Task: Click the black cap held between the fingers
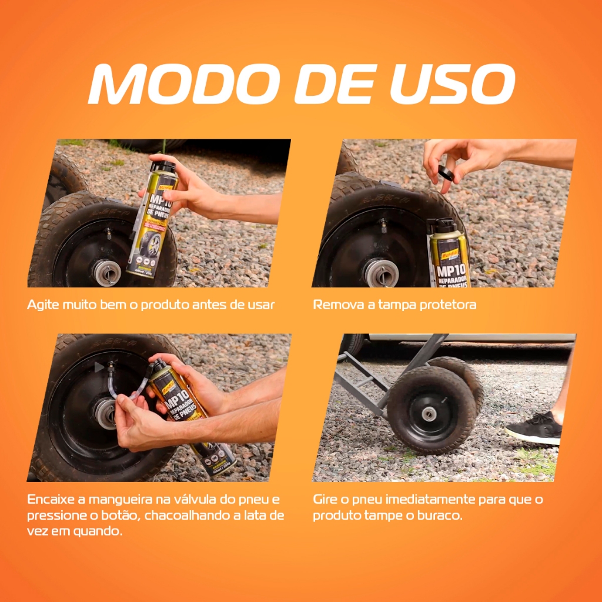click(446, 173)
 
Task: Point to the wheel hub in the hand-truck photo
click(429, 414)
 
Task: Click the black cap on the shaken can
click(163, 166)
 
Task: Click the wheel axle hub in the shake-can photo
click(107, 272)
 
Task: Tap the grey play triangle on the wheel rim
click(99, 367)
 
